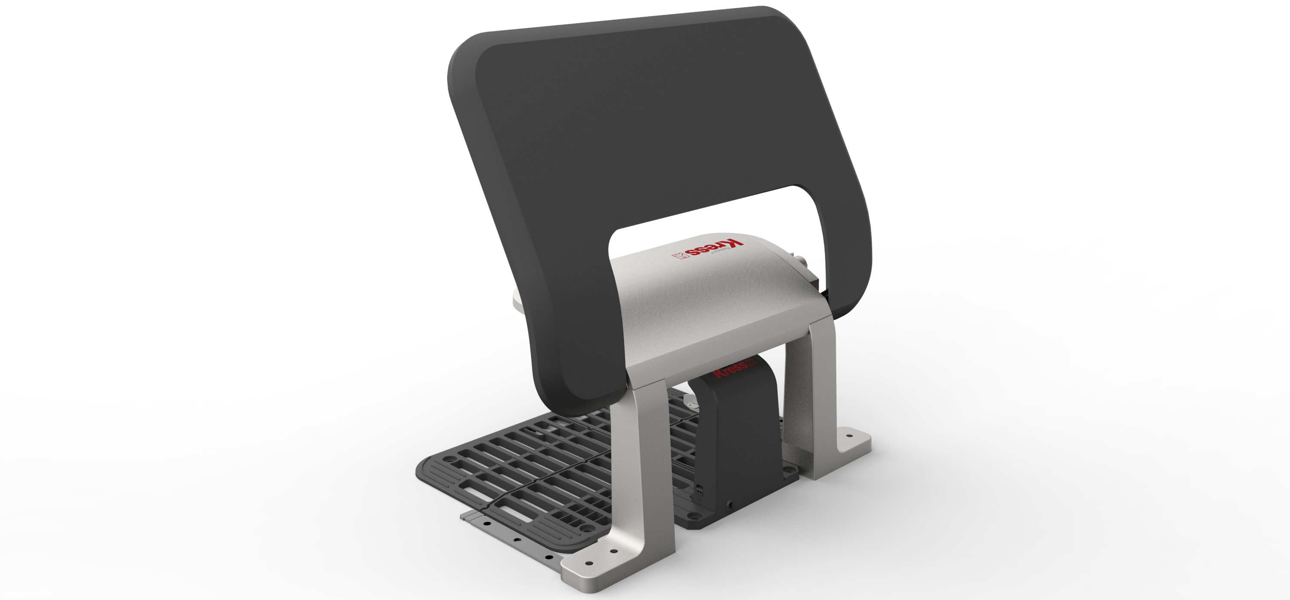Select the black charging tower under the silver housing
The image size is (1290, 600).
(x=736, y=441)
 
